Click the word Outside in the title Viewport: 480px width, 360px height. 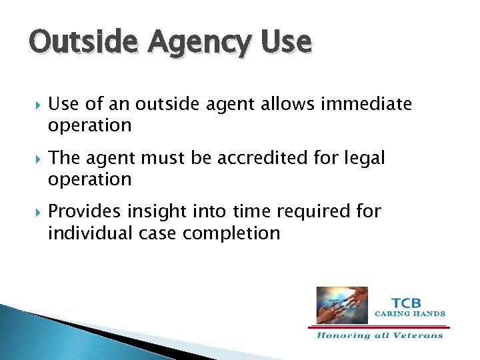click(x=75, y=42)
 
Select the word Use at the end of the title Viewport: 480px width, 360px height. click(x=287, y=42)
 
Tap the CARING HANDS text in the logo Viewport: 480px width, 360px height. click(x=409, y=313)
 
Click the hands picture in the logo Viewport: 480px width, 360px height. click(x=341, y=296)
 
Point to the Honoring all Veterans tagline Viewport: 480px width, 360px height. click(x=379, y=335)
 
